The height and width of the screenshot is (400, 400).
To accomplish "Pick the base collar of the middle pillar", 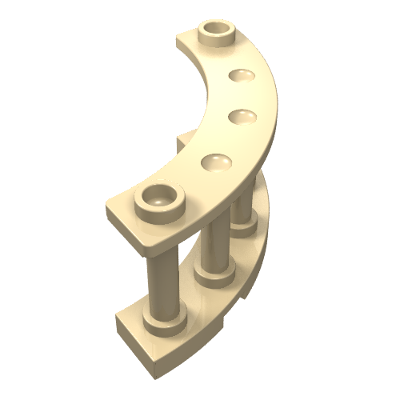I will (213, 278).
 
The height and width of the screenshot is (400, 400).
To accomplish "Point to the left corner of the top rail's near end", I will (110, 210).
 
